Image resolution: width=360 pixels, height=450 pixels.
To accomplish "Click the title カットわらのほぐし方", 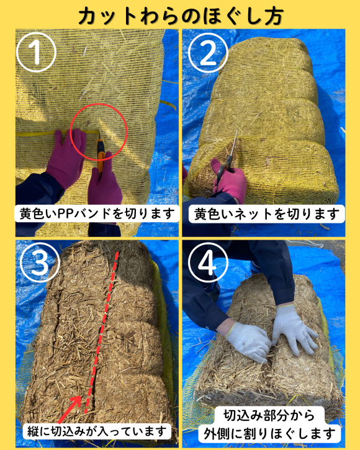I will [180, 15].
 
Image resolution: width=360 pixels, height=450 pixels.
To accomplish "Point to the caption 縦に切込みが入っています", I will [96, 430].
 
